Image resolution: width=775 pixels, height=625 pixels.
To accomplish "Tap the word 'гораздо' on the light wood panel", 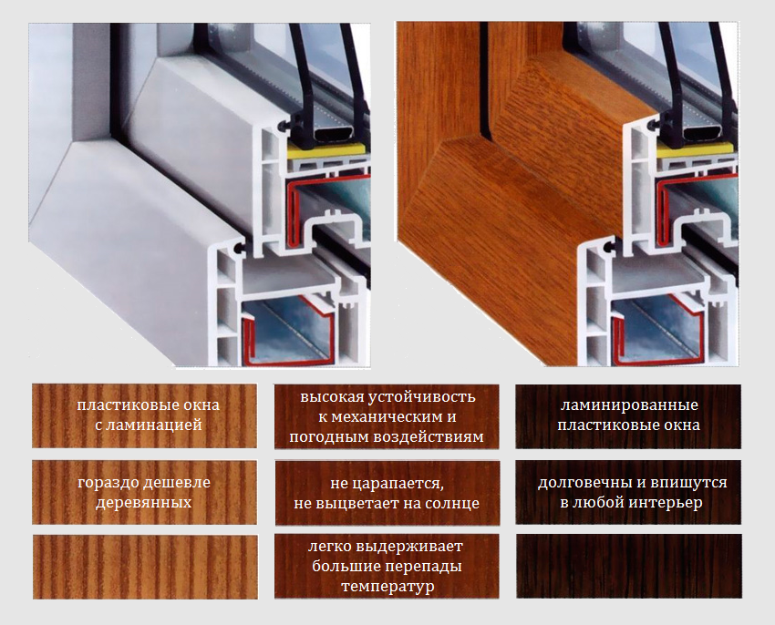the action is (x=107, y=483).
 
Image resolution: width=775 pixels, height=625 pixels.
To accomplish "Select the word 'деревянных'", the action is (x=143, y=503).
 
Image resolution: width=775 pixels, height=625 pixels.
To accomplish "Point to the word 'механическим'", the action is (x=387, y=417).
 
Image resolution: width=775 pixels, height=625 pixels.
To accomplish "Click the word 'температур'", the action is (x=387, y=587).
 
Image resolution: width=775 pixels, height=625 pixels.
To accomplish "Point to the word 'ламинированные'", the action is (x=629, y=405).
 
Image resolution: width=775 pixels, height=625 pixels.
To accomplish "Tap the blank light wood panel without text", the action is (x=145, y=567).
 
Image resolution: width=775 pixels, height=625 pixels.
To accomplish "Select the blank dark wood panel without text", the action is (x=629, y=566).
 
